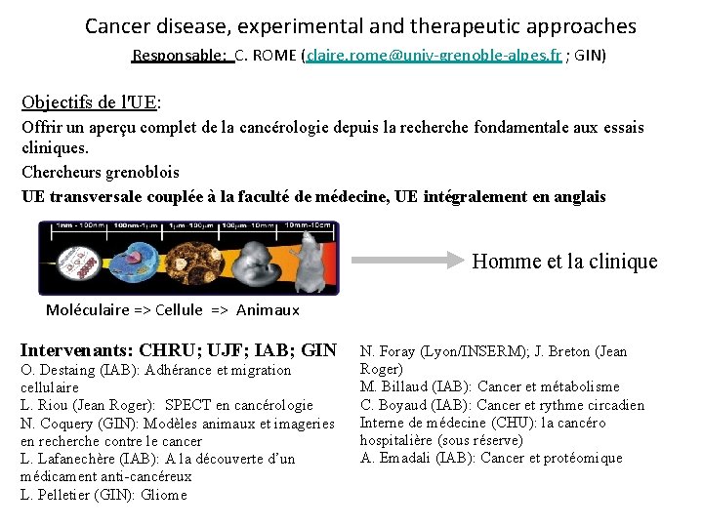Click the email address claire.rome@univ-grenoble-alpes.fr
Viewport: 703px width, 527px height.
[434, 56]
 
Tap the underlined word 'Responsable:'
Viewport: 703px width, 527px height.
[180, 56]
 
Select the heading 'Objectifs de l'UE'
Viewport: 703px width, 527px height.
[91, 101]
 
